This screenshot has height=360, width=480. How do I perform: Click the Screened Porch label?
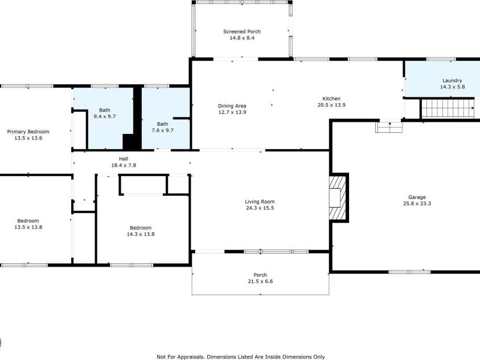pos(242,31)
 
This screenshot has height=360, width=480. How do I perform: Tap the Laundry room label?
pos(452,80)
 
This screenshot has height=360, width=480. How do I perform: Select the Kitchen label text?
pos(331,99)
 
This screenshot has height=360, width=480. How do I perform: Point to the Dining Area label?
pos(232,106)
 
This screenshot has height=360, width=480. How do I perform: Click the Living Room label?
pos(260,202)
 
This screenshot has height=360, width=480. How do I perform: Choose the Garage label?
pos(417,197)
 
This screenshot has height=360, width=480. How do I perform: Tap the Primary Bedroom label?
pos(28,132)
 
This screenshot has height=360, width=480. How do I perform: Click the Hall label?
pos(124,158)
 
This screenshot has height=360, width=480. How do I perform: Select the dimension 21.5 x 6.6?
pos(260,281)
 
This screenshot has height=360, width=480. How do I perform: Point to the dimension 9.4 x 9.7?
pos(105,116)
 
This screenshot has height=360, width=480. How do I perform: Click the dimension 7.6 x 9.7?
pos(162,130)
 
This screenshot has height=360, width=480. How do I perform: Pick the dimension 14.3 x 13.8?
pos(141,234)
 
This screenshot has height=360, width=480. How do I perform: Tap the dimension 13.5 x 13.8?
pos(28,227)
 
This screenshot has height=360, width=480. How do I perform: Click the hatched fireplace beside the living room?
pos(338,198)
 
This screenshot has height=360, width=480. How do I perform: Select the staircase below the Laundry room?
pos(448,108)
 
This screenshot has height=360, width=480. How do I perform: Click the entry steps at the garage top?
pos(389,127)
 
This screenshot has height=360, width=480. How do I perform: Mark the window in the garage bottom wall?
pos(409,272)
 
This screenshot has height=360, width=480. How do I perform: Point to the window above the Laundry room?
pos(441,59)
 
